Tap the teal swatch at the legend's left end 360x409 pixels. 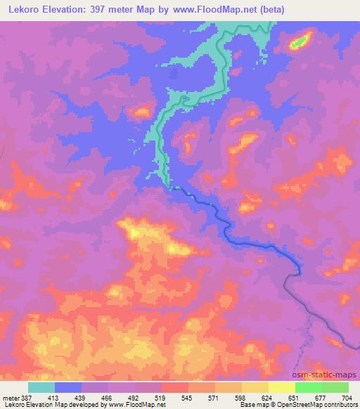click(x=41, y=387)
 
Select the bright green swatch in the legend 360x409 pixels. click(x=308, y=387)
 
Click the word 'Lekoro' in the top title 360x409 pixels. click(x=23, y=10)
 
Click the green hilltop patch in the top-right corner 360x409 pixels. click(x=300, y=41)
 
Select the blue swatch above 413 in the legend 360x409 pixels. click(x=68, y=387)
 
